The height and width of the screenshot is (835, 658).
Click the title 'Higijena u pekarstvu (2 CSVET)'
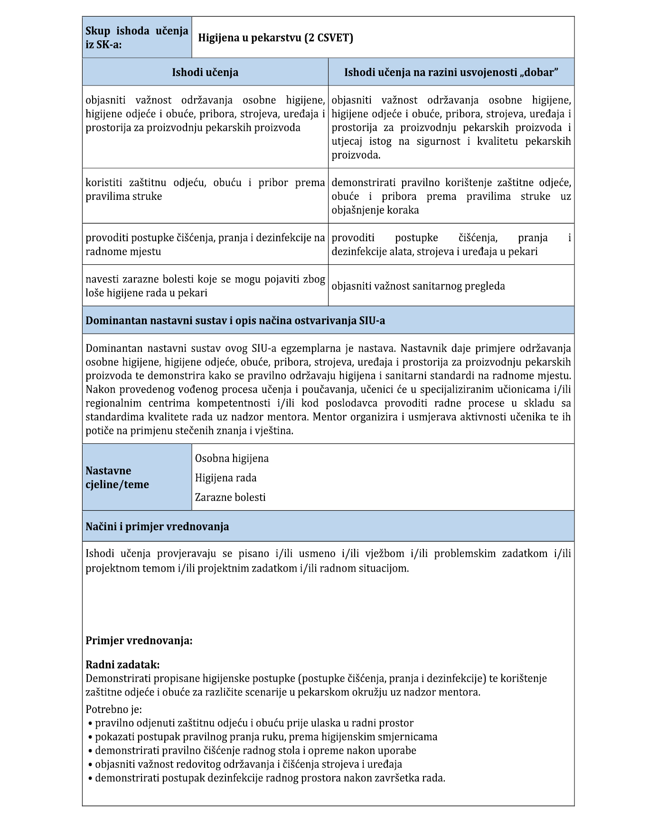click(x=275, y=38)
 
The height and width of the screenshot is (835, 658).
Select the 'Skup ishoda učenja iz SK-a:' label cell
click(x=137, y=38)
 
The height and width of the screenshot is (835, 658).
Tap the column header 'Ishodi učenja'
click(x=205, y=73)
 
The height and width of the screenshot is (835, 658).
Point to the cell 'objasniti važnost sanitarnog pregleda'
click(x=418, y=286)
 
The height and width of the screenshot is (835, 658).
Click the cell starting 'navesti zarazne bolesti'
click(x=205, y=286)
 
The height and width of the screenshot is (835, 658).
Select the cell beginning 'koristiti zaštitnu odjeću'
click(x=205, y=190)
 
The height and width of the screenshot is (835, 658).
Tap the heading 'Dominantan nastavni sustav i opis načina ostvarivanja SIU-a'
click(x=235, y=321)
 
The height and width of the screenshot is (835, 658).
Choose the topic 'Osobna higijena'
click(x=232, y=459)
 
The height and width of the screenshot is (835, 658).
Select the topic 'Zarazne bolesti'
click(x=230, y=497)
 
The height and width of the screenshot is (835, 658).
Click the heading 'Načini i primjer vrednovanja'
click(x=157, y=527)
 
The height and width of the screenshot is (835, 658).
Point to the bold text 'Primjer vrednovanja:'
click(x=139, y=641)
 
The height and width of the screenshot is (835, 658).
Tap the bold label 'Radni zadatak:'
click(x=122, y=665)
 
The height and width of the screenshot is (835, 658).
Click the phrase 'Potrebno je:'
click(x=113, y=710)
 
